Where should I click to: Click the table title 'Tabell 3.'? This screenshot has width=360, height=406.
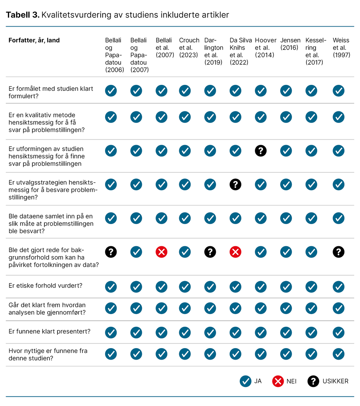(23, 15)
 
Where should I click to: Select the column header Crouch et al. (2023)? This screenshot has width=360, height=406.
(189, 48)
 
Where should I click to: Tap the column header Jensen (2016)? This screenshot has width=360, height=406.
(290, 44)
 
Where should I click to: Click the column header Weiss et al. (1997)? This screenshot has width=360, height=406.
(341, 48)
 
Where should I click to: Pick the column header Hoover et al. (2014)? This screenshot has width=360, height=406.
(265, 48)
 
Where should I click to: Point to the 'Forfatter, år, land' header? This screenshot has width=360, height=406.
(34, 40)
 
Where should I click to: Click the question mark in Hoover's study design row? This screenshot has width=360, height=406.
(260, 151)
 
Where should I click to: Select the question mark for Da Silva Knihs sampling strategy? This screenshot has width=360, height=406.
(235, 184)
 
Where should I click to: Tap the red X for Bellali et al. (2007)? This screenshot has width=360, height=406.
(161, 252)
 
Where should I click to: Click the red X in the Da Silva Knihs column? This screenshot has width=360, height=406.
(235, 252)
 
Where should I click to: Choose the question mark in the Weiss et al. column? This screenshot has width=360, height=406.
(338, 252)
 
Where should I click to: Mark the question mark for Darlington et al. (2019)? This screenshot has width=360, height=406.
(210, 252)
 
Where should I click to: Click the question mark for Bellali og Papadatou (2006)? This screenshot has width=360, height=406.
(111, 252)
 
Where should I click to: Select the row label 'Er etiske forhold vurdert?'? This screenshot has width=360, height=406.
(45, 286)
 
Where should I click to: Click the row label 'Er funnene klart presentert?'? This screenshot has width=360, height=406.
(49, 331)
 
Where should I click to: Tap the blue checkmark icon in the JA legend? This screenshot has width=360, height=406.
(245, 381)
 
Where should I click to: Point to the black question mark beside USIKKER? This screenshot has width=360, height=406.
(313, 381)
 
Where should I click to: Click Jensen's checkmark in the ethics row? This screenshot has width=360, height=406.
(286, 286)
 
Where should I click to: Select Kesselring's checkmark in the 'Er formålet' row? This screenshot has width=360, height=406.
(311, 91)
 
